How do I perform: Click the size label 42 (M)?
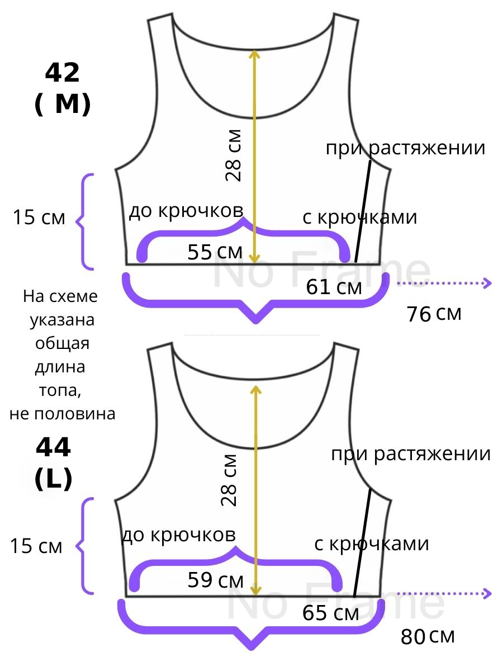coord(62,88)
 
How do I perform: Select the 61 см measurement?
coord(334,287)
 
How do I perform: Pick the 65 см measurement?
coord(330,613)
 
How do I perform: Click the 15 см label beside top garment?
coord(39,218)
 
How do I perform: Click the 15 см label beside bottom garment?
coord(36,546)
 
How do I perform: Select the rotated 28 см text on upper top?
coord(234,155)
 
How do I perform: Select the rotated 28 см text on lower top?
coord(230,480)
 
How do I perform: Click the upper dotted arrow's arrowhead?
coord(488,283)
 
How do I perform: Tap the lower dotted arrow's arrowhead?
coord(488,593)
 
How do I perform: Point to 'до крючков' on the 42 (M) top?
coord(186,211)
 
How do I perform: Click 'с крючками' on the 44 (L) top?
coord(372,544)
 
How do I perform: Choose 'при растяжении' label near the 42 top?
coord(405,148)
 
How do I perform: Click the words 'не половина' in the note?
coord(63,414)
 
